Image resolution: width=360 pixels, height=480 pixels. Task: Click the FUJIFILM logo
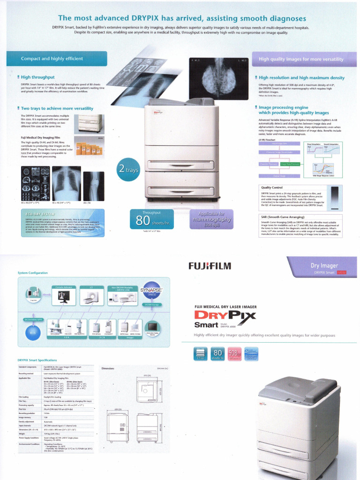210,267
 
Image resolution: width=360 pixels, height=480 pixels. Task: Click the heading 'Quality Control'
271,187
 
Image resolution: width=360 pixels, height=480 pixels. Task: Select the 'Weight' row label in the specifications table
22,434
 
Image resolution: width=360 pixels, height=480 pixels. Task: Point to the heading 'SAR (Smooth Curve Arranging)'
281,217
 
